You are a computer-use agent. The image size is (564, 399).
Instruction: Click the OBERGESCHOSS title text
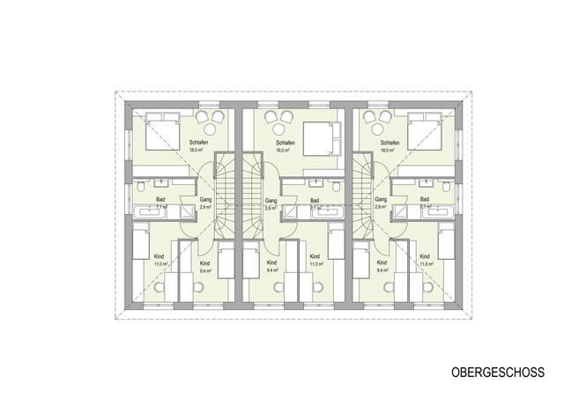click(497, 373)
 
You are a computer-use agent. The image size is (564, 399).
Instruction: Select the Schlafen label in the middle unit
click(285, 142)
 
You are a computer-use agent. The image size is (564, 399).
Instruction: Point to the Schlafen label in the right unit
click(391, 142)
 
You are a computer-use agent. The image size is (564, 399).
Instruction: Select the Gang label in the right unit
click(381, 200)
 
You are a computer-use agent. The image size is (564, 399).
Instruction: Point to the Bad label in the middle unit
click(315, 200)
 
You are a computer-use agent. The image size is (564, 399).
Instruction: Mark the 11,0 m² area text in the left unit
click(160, 263)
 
